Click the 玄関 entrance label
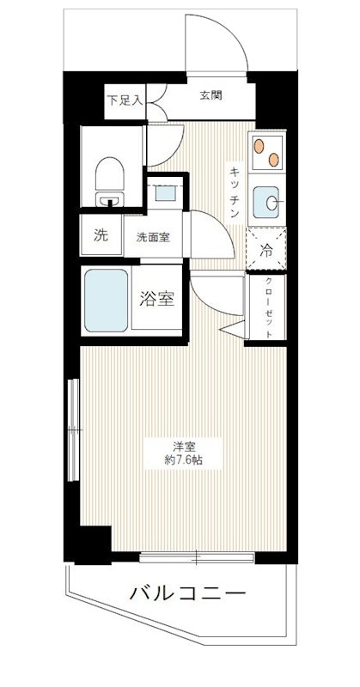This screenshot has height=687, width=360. tap(211, 94)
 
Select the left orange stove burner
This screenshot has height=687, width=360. tap(259, 147)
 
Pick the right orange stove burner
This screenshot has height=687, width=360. tap(273, 159)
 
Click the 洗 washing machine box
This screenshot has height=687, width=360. tap(100, 238)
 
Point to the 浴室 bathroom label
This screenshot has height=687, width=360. tap(157, 300)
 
